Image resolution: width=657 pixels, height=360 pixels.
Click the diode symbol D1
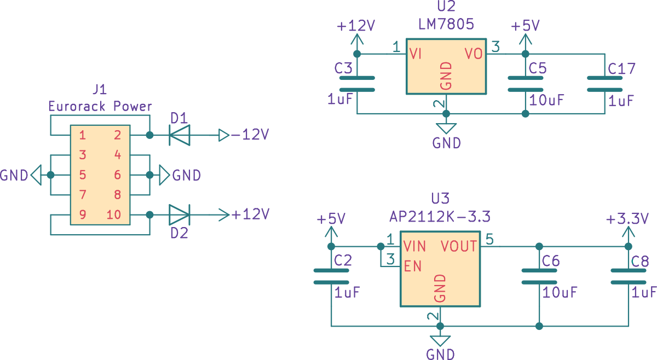click(180, 135)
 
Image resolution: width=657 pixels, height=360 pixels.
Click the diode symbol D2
click(180, 215)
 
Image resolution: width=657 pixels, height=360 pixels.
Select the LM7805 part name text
click(446, 24)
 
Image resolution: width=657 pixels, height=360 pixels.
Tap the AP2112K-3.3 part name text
click(440, 217)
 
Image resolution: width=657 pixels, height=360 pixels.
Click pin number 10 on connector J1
click(114, 215)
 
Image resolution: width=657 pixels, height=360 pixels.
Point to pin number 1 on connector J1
click(83, 135)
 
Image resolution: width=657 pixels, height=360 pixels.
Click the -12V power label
click(250, 135)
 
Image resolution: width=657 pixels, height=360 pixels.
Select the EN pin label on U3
click(413, 266)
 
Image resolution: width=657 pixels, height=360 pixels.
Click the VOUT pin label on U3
click(459, 246)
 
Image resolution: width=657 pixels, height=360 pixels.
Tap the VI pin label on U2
click(416, 54)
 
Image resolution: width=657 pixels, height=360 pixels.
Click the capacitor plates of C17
click(605, 84)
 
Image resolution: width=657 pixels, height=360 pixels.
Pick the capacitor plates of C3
click(357, 84)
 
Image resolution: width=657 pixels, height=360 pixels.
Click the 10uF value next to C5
click(547, 100)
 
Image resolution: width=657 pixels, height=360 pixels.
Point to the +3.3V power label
click(627, 219)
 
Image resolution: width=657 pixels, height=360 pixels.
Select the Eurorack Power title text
click(100, 106)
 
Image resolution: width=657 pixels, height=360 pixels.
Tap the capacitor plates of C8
click(629, 276)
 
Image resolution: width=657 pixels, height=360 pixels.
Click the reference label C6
click(551, 261)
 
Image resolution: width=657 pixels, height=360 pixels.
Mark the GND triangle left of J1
click(36, 175)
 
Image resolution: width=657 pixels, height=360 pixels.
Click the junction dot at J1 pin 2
click(149, 135)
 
